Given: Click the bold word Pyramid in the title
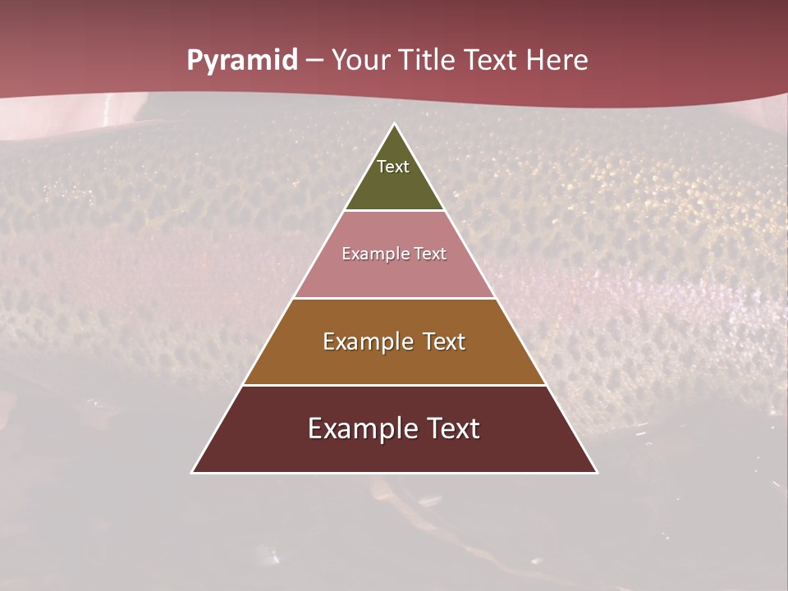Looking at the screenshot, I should click(241, 61).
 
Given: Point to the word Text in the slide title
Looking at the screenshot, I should click(492, 61).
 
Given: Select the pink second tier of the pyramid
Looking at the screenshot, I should click(394, 275).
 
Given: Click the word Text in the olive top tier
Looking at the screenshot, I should click(393, 167).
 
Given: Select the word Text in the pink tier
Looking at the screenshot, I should click(430, 254).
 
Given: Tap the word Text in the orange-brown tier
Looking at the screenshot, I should click(444, 341).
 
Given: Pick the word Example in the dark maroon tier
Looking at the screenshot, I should click(362, 428).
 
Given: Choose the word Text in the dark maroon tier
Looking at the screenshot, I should click(452, 428).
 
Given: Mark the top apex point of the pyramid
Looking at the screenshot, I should click(394, 125).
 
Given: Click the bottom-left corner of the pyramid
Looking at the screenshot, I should click(193, 472).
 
